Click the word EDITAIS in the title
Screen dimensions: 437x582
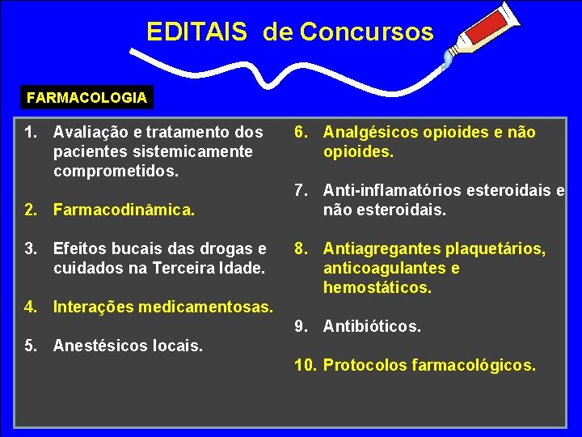click(196, 32)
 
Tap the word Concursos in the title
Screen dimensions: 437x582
click(366, 32)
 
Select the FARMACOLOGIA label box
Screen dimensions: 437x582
click(86, 98)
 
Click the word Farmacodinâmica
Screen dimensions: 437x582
click(124, 210)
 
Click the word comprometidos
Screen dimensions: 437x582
click(114, 171)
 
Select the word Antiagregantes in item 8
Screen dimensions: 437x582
click(376, 248)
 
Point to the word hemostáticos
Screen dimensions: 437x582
click(376, 287)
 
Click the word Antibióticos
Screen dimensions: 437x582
click(371, 326)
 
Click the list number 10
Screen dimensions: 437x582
click(305, 365)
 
